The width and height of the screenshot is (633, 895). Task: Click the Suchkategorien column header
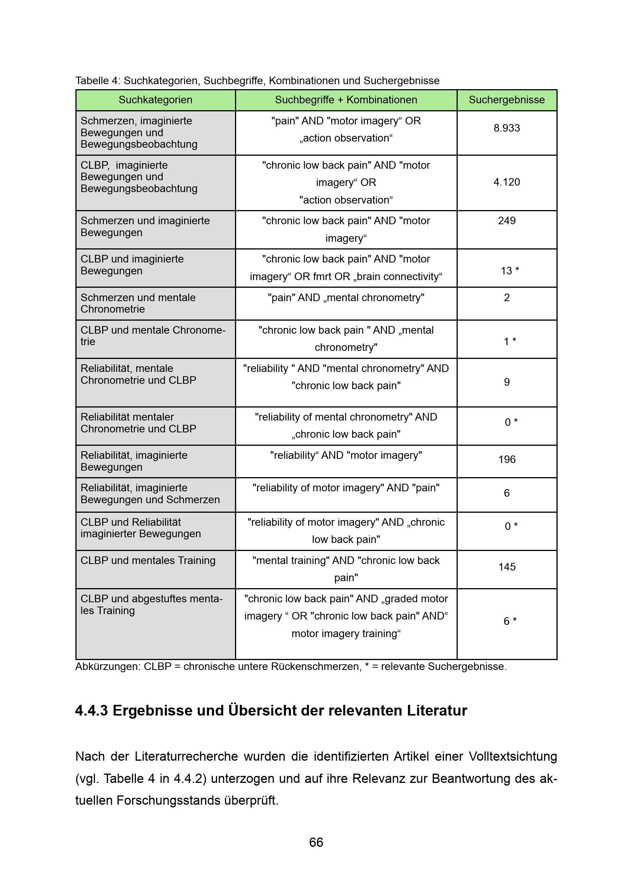tap(155, 100)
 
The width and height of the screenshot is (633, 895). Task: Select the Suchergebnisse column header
tap(506, 100)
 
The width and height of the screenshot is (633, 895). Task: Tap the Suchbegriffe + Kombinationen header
tap(346, 100)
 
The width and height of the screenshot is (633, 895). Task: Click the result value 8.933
tap(506, 128)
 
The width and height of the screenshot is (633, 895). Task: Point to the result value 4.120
tap(506, 182)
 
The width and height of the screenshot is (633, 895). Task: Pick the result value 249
tap(506, 221)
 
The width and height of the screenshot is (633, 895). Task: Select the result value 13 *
tap(509, 271)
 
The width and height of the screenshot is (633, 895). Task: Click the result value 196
tap(506, 459)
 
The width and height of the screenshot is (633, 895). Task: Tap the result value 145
tap(506, 567)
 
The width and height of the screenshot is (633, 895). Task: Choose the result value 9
tap(506, 382)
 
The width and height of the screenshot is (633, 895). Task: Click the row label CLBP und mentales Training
tap(148, 560)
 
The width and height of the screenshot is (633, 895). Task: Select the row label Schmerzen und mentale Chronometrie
tap(138, 303)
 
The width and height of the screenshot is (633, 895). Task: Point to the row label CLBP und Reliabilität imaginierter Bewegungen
tap(140, 528)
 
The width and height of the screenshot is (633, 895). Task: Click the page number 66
tap(316, 842)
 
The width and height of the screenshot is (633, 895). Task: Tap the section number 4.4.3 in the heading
tap(91, 711)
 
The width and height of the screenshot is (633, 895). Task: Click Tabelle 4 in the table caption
tap(98, 81)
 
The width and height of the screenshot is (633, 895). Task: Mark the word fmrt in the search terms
tap(321, 276)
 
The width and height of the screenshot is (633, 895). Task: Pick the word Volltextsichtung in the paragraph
tap(512, 756)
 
